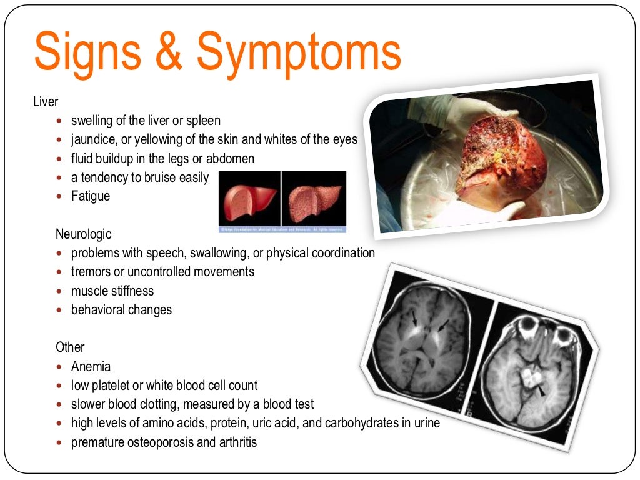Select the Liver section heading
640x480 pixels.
[x=46, y=101]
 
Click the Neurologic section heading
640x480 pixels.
[x=83, y=234]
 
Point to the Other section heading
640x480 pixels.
[x=70, y=347]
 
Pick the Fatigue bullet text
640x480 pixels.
[x=91, y=196]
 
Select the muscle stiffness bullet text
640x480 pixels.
[x=112, y=291]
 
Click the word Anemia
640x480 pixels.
[x=91, y=367]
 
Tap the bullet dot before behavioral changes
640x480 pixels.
[x=59, y=310]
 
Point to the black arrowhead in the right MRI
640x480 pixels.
[x=542, y=391]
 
